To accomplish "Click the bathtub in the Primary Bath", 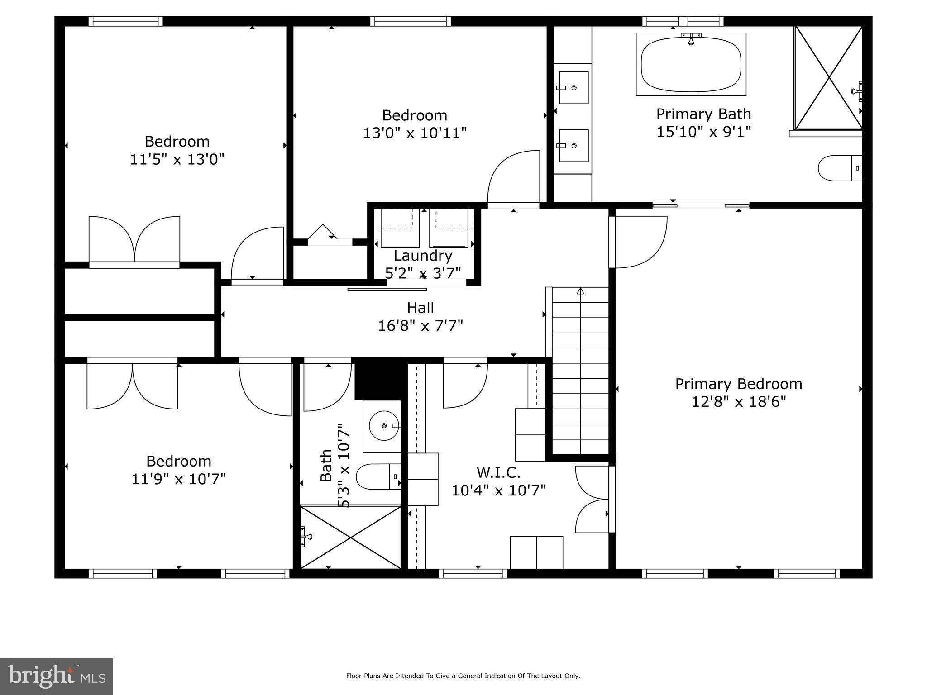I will [691, 64].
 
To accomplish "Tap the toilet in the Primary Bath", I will [839, 168].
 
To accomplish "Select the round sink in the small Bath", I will [383, 426].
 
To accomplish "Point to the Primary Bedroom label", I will [738, 384].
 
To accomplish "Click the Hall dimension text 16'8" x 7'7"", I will [420, 325].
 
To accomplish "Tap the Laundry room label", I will [423, 256].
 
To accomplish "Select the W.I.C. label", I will [498, 472].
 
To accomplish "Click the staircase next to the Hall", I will [580, 371].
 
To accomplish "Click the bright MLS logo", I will [57, 676].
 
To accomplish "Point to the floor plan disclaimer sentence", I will [463, 676].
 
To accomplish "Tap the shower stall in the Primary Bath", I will [828, 78].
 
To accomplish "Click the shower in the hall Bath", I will [350, 537].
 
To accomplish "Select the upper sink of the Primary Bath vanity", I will [573, 87].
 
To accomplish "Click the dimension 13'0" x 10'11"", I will [415, 133].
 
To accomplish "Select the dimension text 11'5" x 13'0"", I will [177, 159].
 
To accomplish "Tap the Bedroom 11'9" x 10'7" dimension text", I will [178, 479].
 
